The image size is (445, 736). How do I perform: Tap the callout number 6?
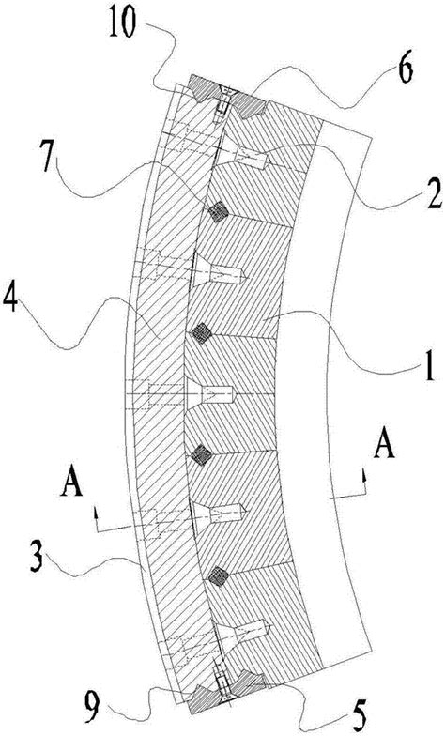[404, 69]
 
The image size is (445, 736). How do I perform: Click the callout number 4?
[10, 300]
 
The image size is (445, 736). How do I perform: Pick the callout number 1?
[428, 369]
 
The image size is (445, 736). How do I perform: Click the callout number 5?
[358, 715]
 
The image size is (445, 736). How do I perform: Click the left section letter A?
[71, 482]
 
